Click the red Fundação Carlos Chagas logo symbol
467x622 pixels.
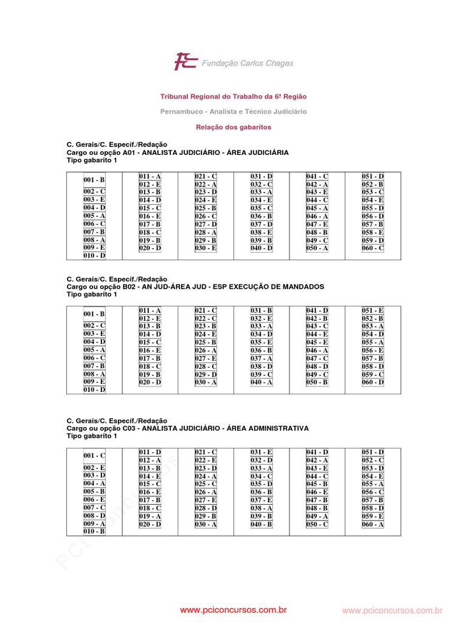(x=185, y=61)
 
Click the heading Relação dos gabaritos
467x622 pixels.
(x=233, y=128)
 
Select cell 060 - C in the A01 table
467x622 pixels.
(x=373, y=248)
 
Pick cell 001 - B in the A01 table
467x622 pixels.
(x=94, y=180)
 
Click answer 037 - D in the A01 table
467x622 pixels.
(x=261, y=224)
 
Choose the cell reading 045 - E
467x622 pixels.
(x=317, y=343)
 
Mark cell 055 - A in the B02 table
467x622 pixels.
(x=373, y=343)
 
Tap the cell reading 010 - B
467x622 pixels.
(x=94, y=531)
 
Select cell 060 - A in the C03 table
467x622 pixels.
(x=373, y=524)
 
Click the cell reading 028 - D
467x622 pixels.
(x=206, y=508)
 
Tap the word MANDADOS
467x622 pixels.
(x=303, y=287)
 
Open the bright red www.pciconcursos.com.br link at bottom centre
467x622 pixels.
(x=233, y=610)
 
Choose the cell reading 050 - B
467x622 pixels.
(x=317, y=382)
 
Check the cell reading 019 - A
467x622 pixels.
(x=150, y=516)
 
